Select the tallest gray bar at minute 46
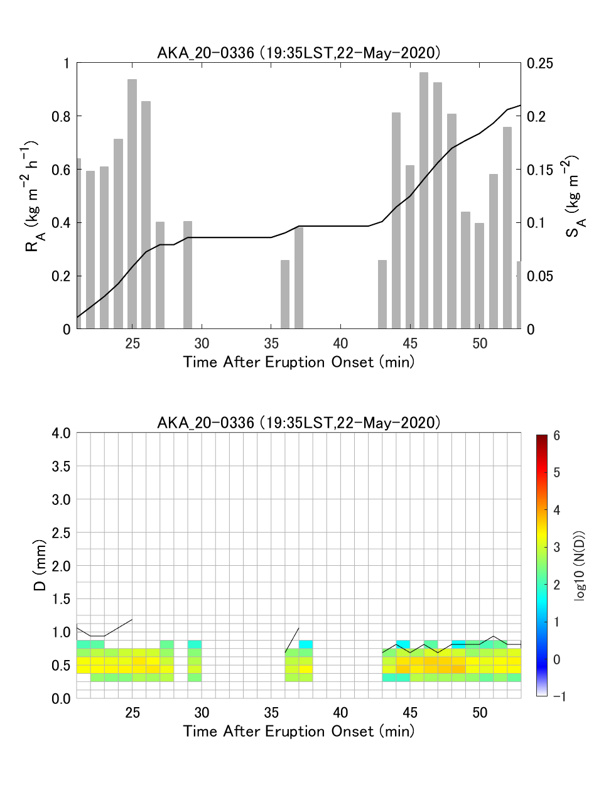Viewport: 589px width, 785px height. (424, 201)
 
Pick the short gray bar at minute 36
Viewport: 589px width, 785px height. (285, 295)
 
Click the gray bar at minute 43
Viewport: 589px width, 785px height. (382, 295)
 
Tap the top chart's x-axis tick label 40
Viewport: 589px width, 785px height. (340, 344)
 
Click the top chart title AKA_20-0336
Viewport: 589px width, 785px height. (298, 53)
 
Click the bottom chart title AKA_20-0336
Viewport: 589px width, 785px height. (298, 423)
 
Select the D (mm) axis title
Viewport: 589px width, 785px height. (39, 565)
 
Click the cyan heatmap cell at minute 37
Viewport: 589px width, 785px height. (306, 644)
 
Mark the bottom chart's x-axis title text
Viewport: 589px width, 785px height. (298, 731)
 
